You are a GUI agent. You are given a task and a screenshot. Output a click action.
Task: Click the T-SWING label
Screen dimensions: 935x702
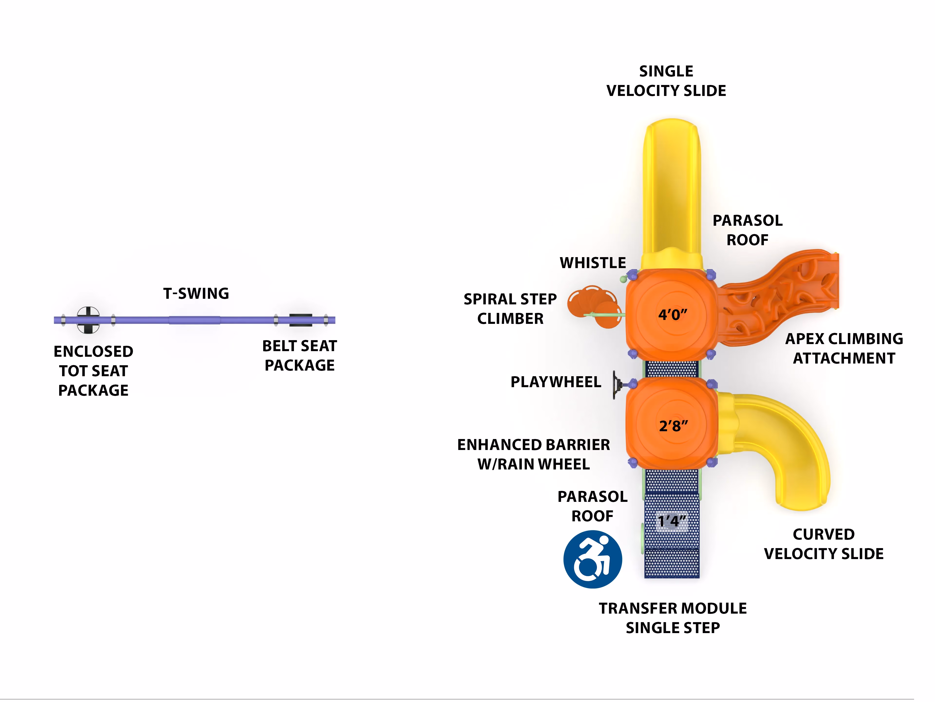pyautogui.click(x=196, y=293)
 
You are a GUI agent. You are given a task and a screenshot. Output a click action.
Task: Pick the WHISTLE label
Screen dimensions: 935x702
pyautogui.click(x=593, y=263)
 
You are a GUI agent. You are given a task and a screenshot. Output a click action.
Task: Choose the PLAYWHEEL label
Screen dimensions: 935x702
pyautogui.click(x=556, y=382)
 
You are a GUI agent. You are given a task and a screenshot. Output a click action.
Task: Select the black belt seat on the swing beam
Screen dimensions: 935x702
pyautogui.click(x=300, y=320)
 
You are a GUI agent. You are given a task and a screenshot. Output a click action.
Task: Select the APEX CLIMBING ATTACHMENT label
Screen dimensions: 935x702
pyautogui.click(x=844, y=348)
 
